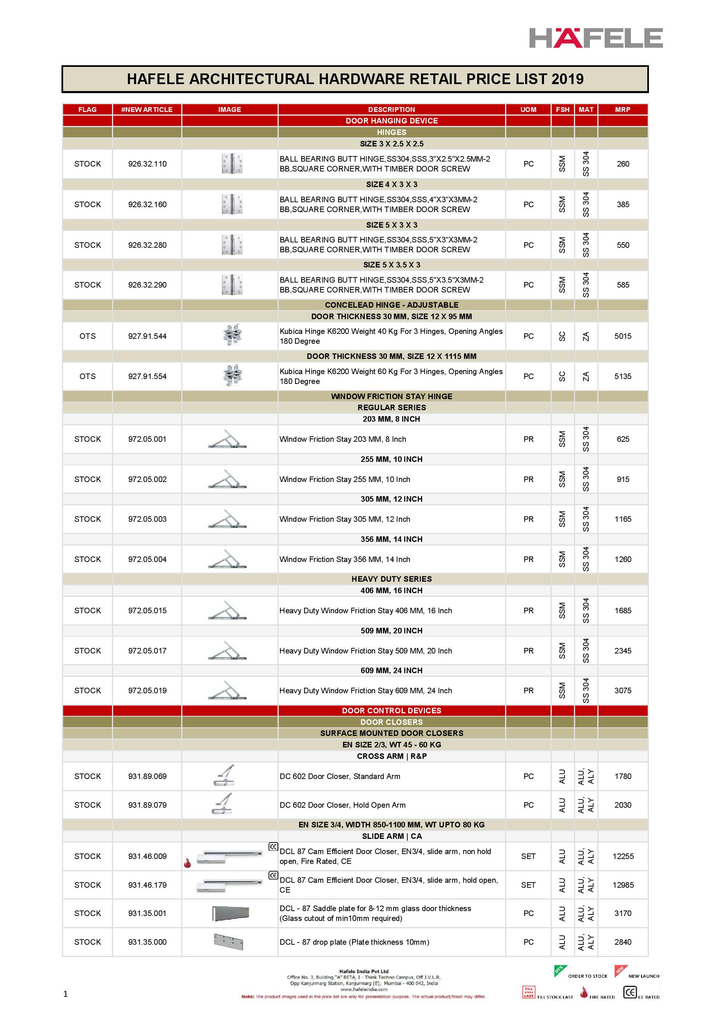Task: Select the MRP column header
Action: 622,109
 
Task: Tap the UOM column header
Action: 528,109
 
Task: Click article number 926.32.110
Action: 147,164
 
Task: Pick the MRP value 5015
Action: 623,336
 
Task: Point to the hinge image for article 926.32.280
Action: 232,245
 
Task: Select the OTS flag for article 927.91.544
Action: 87,336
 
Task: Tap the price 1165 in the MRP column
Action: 623,519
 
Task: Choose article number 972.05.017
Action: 147,651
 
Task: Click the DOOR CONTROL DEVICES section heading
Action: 391,710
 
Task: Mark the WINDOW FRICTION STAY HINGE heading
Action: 391,396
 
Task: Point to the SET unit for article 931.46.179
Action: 528,885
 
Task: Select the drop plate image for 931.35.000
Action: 228,941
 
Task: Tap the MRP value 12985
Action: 623,885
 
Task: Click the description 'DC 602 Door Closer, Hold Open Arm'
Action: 342,805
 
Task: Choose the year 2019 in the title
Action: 567,79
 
